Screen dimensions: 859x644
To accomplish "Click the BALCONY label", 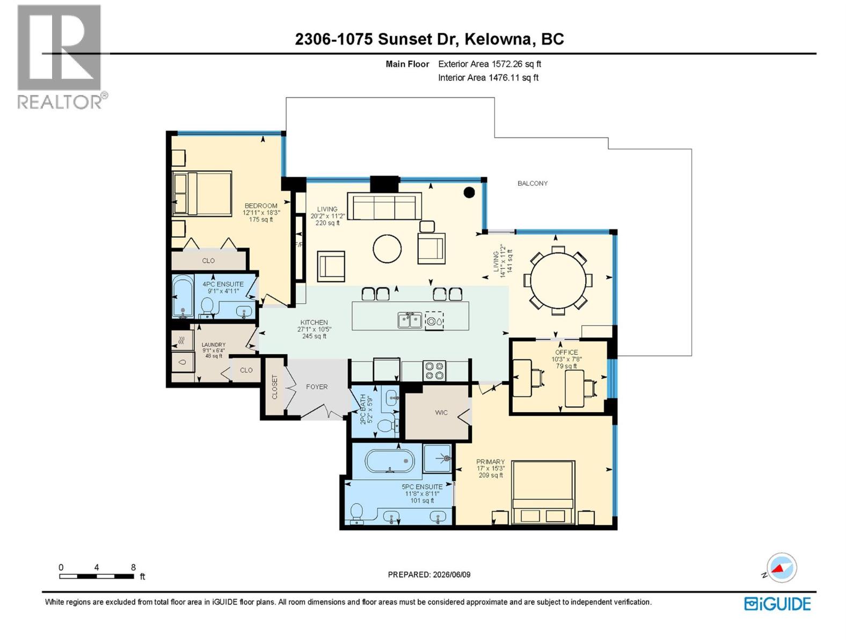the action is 532,183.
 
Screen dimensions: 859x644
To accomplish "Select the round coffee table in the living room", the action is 387,248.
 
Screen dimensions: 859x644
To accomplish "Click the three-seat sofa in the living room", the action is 384,206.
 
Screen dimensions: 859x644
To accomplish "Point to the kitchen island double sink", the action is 410,320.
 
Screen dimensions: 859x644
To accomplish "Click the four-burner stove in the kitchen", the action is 434,370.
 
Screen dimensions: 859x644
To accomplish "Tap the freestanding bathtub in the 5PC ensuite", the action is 390,461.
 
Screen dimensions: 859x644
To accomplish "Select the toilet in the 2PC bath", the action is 386,425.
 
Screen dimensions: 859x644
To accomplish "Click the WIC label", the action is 441,413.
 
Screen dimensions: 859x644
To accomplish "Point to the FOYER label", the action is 317,387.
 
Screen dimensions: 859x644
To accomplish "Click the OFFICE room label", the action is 566,352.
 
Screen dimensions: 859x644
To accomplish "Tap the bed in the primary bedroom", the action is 543,493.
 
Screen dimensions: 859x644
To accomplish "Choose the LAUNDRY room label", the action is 213,345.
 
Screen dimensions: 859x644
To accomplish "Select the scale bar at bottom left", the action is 97,576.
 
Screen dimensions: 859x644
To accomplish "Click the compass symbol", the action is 781,568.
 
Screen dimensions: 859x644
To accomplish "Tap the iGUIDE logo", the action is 777,604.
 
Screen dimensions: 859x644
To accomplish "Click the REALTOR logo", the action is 62,57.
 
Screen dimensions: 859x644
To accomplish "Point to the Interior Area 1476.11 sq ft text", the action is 488,77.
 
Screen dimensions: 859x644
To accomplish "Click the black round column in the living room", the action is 469,192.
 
